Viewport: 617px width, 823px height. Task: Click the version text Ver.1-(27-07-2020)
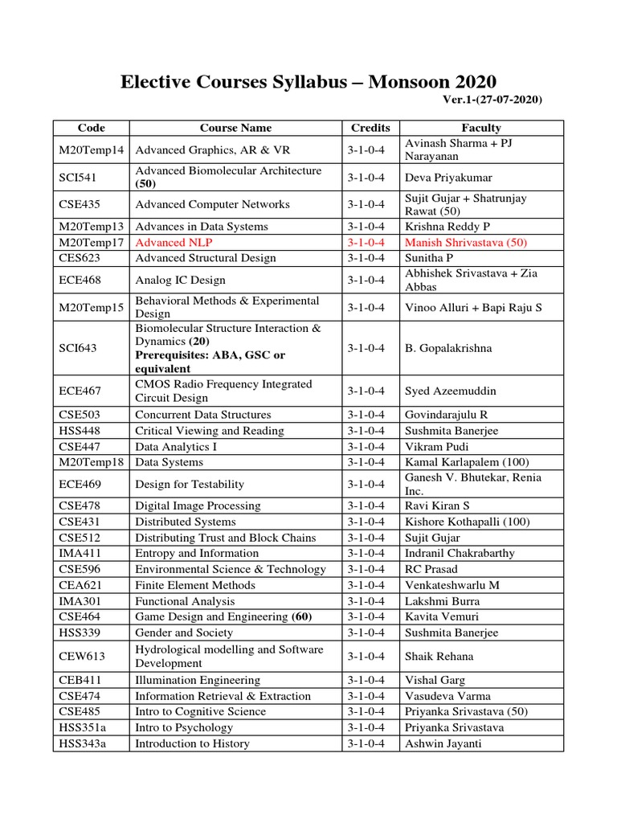pos(492,100)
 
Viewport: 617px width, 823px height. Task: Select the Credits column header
pos(370,128)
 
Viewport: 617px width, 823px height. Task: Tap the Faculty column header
pos(481,128)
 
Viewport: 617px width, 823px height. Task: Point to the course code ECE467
pos(80,391)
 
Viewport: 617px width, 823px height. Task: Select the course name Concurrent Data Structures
pos(203,415)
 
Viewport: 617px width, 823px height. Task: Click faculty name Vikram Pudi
pos(438,446)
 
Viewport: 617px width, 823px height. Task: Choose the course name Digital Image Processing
pos(198,506)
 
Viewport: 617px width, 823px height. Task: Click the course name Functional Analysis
pos(185,600)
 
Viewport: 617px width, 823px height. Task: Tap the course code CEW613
pos(81,656)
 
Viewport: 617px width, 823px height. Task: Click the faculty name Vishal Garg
pos(436,680)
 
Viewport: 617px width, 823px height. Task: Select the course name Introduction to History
pos(192,743)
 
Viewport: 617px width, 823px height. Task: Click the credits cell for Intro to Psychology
pos(370,727)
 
